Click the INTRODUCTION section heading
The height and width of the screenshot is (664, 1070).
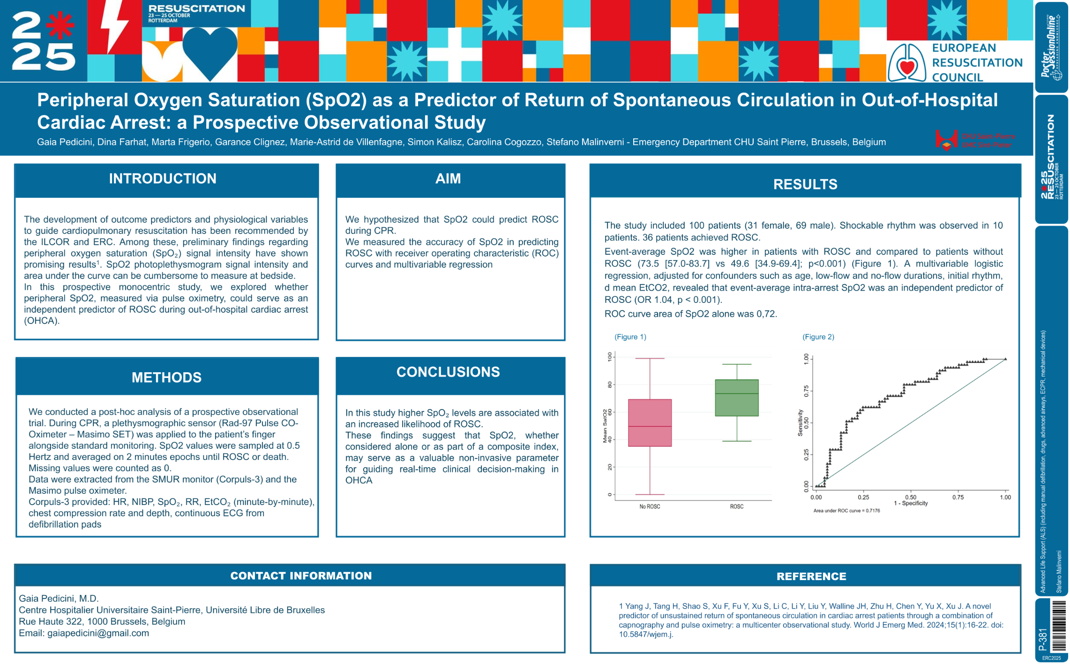(163, 179)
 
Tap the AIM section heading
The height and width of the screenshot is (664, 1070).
(448, 179)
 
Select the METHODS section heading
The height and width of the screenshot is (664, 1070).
(166, 377)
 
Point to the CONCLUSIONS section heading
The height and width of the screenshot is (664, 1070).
(448, 372)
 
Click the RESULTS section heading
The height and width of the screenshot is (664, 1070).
(805, 184)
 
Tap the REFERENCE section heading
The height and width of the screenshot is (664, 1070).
(811, 576)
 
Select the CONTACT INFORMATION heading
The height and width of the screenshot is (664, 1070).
(301, 576)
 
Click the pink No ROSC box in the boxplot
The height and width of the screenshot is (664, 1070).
(650, 423)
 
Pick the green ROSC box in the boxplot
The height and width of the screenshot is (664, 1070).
(736, 398)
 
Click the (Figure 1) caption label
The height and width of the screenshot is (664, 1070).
(630, 337)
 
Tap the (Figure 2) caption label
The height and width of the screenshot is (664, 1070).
(818, 337)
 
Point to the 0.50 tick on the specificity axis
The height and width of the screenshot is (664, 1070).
(910, 497)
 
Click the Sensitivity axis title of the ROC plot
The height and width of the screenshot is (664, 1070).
(800, 423)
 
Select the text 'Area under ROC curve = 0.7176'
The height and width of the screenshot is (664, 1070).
(846, 511)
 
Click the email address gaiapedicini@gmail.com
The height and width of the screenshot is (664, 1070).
(98, 633)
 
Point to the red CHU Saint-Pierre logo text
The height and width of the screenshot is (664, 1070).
(988, 140)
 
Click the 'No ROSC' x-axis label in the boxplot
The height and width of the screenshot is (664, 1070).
(650, 506)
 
